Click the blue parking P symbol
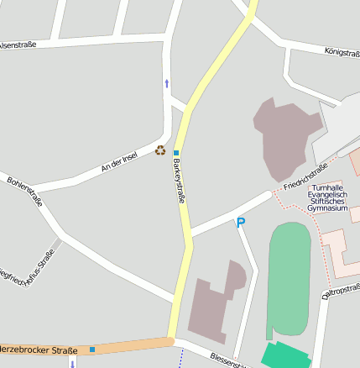241,223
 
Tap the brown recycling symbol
160,150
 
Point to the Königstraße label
342,52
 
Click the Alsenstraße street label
17,45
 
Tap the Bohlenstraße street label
24,191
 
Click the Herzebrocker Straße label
39,350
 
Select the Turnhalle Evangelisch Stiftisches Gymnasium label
326,197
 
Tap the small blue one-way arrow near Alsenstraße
166,83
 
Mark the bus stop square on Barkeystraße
176,152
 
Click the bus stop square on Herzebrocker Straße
92,349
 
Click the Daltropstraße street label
342,292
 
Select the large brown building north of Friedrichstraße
285,134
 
